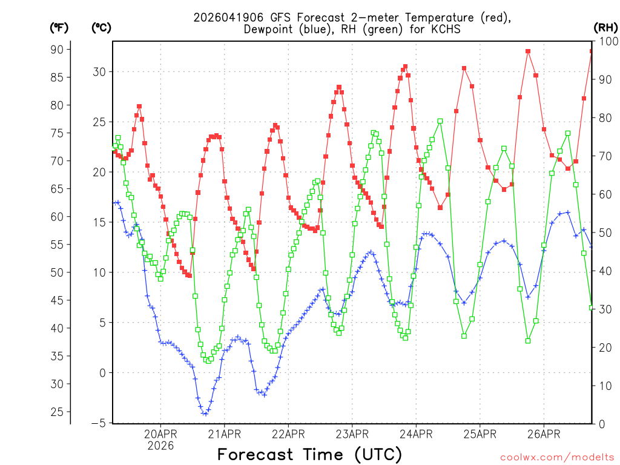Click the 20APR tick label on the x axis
160,434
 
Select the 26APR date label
543,434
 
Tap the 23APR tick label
352,434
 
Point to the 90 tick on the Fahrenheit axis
59,49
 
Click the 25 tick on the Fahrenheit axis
59,412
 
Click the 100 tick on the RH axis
606,41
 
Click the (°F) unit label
59,28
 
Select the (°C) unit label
102,28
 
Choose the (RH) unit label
605,28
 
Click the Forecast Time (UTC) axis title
309,454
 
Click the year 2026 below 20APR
160,445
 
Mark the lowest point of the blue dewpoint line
205,414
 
